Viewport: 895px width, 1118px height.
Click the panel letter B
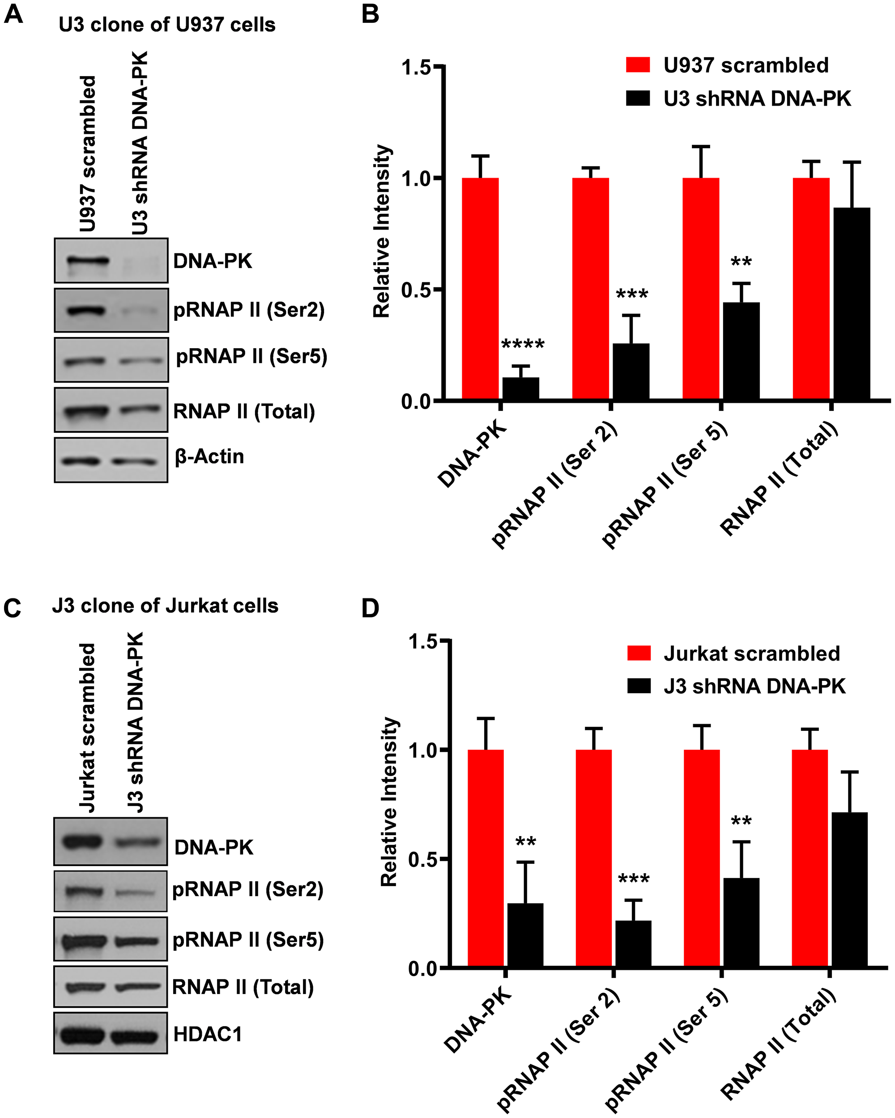pos(370,14)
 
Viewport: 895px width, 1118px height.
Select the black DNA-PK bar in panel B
pos(520,388)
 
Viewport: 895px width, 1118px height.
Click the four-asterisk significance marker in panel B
pos(523,344)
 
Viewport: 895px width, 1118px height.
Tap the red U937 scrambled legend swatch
pos(638,65)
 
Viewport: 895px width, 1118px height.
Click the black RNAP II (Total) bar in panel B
pos(852,304)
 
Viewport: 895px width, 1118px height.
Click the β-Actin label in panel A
pos(209,457)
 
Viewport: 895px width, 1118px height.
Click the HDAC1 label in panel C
pos(207,1034)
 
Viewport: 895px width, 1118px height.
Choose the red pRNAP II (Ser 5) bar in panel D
pos(702,859)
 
